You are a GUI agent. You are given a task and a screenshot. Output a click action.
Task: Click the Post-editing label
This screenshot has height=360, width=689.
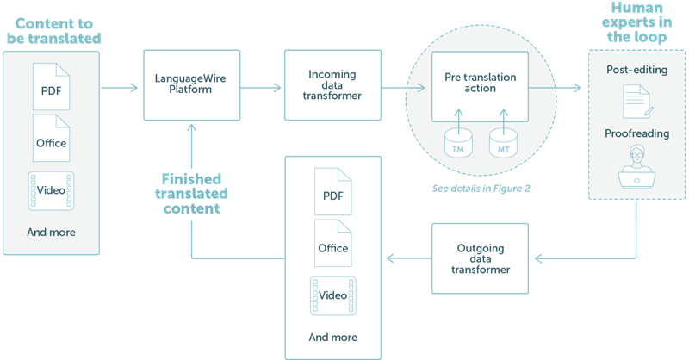[x=637, y=70]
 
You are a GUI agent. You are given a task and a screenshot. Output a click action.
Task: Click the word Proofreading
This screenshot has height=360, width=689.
[x=637, y=134]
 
